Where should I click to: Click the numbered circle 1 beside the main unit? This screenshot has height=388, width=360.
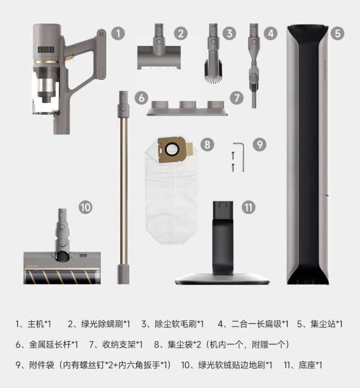click(x=117, y=33)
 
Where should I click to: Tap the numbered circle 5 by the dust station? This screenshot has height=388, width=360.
click(x=337, y=33)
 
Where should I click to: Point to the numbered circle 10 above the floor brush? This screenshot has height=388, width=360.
click(x=85, y=207)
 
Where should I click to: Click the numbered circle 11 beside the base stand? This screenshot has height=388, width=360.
click(x=248, y=207)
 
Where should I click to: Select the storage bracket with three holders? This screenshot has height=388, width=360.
click(x=185, y=108)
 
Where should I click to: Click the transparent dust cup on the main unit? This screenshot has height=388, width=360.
click(x=45, y=94)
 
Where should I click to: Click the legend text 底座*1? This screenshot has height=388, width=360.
click(x=307, y=365)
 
